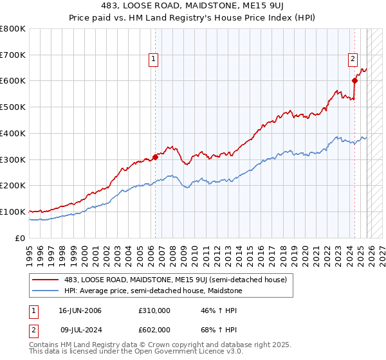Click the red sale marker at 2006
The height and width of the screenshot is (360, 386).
[x=155, y=156]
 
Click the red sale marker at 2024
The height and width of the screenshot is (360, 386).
[x=354, y=80]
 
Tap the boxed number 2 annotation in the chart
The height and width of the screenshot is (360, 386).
[x=353, y=60]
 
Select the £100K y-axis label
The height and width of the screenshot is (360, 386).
[x=13, y=212]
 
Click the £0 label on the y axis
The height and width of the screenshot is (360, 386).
[x=20, y=238]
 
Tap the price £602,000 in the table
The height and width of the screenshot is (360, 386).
[x=154, y=329]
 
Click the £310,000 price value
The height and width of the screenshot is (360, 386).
[x=154, y=310]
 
